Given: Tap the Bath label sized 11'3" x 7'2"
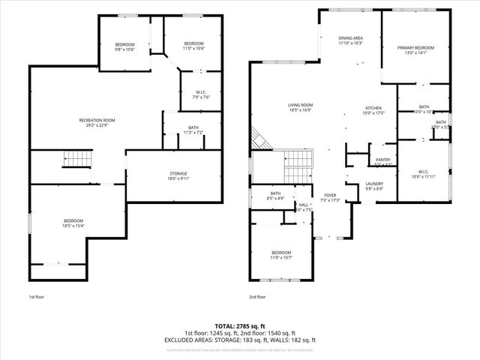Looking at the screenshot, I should pyautogui.click(x=193, y=130).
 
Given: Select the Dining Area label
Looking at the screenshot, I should pyautogui.click(x=350, y=40).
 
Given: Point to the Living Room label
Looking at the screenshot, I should pyautogui.click(x=300, y=107).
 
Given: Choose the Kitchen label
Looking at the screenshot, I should pyautogui.click(x=373, y=110).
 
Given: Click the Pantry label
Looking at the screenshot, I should pyautogui.click(x=382, y=161).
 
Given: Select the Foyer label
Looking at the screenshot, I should pyautogui.click(x=330, y=197).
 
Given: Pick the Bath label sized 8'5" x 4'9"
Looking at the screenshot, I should pyautogui.click(x=275, y=196).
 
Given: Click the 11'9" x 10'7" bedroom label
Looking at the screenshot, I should pyautogui.click(x=281, y=254).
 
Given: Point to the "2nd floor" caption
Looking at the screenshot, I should pyautogui.click(x=256, y=297).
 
